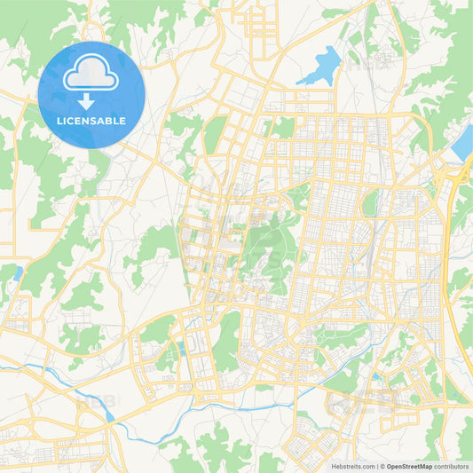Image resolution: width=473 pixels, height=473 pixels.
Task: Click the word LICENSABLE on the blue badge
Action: pyautogui.click(x=91, y=121)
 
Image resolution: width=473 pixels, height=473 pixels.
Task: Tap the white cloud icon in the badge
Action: pyautogui.click(x=91, y=75)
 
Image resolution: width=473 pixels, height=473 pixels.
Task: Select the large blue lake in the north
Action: pyautogui.click(x=321, y=67)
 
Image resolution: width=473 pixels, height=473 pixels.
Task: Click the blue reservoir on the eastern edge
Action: pyautogui.click(x=463, y=144)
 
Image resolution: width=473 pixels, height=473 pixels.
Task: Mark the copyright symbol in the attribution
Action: pyautogui.click(x=381, y=465)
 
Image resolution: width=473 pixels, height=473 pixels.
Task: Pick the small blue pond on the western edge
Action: pyautogui.click(x=17, y=273)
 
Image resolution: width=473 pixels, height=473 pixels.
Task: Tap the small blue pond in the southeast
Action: pyautogui.click(x=376, y=378)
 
